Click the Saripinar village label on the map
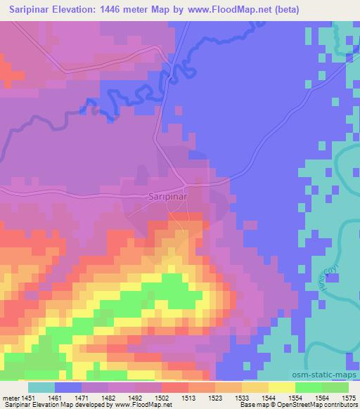point(167,197)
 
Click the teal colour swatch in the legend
point(41,387)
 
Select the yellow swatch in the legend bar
point(281,387)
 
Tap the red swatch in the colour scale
point(174,387)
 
